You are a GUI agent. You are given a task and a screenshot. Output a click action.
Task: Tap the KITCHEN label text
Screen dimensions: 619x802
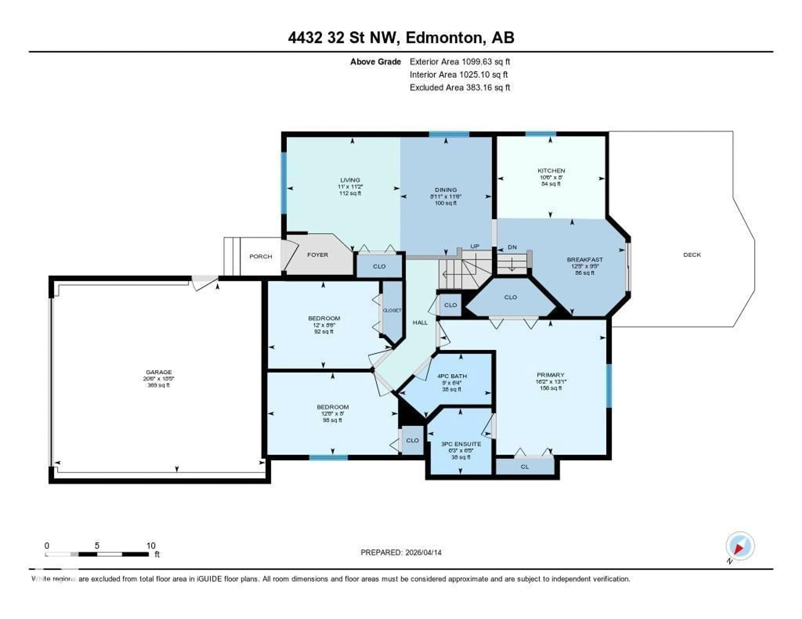(551, 171)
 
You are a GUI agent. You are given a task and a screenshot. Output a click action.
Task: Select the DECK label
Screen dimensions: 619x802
(692, 255)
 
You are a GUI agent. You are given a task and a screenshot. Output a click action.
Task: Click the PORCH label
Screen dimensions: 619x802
(261, 256)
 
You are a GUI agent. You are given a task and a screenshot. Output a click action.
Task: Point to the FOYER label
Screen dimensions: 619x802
(317, 255)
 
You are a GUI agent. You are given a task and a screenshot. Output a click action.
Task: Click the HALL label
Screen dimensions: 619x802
(420, 322)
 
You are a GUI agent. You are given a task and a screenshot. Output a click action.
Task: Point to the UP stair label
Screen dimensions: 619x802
(475, 246)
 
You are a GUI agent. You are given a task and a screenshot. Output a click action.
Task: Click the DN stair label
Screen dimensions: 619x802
(512, 247)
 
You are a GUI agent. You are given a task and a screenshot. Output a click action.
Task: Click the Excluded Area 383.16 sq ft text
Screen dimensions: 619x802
(460, 87)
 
